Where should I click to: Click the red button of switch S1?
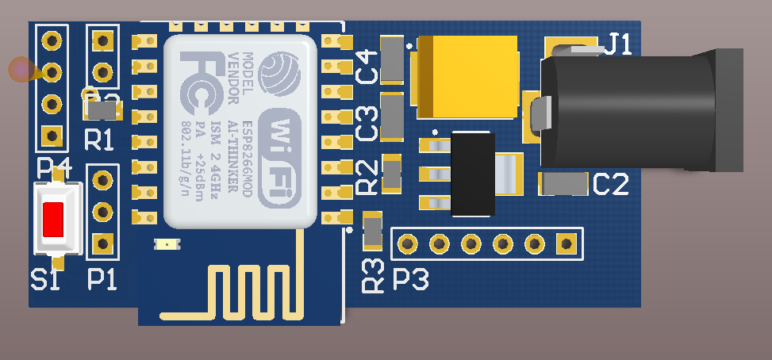tap(53, 218)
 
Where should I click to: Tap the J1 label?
tap(618, 44)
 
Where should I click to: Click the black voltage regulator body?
tap(471, 174)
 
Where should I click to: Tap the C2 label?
tap(611, 185)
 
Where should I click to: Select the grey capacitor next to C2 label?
tap(563, 184)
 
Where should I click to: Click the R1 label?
tap(98, 140)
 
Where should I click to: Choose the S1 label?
tap(44, 279)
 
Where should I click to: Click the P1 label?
tap(102, 279)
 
